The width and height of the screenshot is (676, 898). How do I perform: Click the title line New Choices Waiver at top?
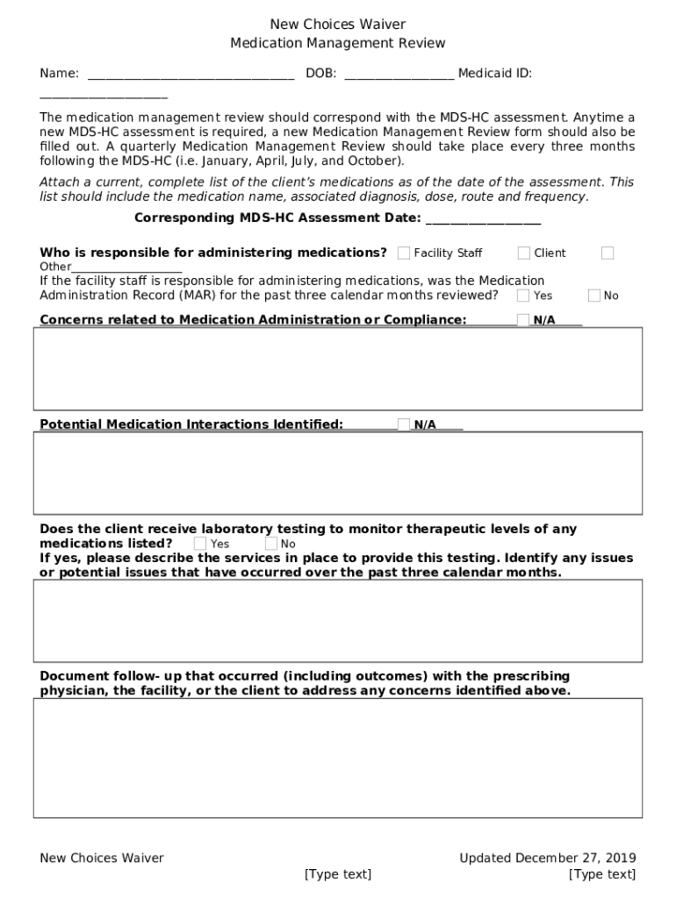[x=337, y=25]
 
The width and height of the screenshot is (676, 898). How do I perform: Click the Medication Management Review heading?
[x=337, y=43]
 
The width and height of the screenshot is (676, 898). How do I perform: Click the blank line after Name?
[x=191, y=75]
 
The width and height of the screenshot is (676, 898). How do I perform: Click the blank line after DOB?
[x=399, y=75]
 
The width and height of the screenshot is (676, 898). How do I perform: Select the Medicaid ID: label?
[x=494, y=74]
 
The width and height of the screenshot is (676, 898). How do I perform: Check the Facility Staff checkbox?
[x=404, y=253]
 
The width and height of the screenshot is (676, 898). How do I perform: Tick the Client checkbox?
[x=524, y=253]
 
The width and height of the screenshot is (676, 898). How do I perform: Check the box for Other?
[x=608, y=253]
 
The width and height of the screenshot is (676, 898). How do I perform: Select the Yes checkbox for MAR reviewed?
[x=523, y=296]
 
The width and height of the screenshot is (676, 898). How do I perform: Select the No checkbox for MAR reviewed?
[x=594, y=296]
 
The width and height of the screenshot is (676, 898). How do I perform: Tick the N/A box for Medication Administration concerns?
[x=523, y=320]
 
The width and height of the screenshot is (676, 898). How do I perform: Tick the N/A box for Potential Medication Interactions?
[x=404, y=424]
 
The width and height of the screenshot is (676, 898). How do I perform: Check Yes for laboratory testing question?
[x=200, y=544]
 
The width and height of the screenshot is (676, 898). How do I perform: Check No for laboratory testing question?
[x=271, y=544]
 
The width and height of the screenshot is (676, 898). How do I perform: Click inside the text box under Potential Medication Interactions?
[x=337, y=473]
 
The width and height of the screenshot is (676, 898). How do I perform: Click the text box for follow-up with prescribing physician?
[x=337, y=758]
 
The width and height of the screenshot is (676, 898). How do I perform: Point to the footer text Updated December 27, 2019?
[x=547, y=858]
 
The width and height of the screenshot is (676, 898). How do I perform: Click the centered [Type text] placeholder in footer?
[x=337, y=874]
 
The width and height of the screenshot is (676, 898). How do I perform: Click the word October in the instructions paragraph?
[x=374, y=161]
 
